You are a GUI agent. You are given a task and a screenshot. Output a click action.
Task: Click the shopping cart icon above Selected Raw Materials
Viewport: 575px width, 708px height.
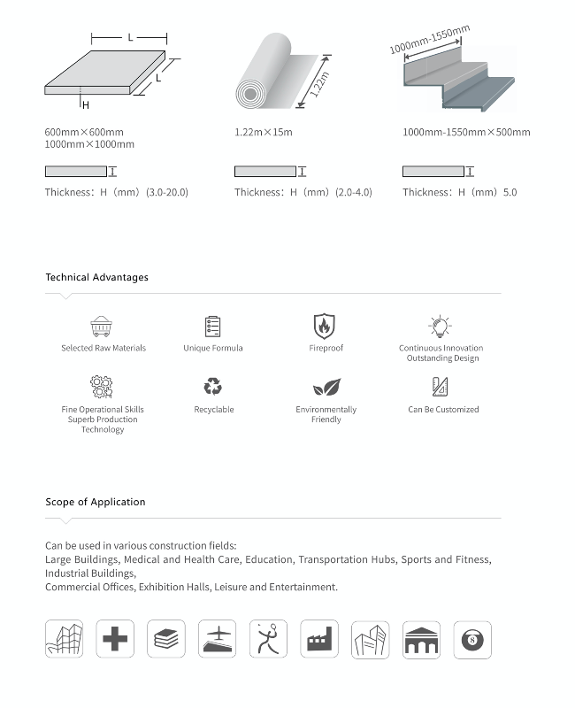click(103, 327)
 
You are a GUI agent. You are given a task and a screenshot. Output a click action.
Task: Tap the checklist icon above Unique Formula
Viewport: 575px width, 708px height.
click(212, 327)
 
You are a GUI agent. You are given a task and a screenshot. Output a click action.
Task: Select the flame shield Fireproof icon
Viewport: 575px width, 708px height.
click(326, 326)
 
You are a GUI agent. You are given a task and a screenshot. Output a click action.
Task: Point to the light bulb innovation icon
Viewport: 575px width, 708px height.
click(440, 327)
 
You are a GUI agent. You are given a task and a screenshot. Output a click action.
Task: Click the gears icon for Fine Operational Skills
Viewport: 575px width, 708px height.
click(102, 387)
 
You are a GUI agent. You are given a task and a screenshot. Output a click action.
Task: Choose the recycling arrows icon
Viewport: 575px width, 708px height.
click(213, 387)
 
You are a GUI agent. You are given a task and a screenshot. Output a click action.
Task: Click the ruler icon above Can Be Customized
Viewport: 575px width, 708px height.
click(441, 387)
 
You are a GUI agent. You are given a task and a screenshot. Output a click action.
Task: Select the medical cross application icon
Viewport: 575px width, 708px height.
click(115, 639)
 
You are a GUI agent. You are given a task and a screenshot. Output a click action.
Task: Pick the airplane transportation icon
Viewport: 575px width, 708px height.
click(218, 639)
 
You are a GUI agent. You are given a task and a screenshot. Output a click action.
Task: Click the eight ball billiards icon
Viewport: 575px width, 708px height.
click(472, 639)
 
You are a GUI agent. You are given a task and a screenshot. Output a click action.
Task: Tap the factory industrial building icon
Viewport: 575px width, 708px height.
click(319, 639)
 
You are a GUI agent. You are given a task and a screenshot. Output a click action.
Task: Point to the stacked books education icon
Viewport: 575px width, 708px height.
click(166, 639)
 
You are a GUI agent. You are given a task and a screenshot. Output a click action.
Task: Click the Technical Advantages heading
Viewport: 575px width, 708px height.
click(97, 277)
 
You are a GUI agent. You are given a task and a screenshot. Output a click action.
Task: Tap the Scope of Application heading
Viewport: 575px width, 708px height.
click(96, 502)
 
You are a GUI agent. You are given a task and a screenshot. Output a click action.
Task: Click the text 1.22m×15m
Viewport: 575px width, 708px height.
click(263, 133)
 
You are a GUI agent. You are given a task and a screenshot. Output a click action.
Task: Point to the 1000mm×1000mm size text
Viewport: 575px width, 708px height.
click(89, 144)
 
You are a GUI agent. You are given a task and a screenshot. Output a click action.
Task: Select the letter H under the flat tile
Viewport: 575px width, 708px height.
click(86, 105)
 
